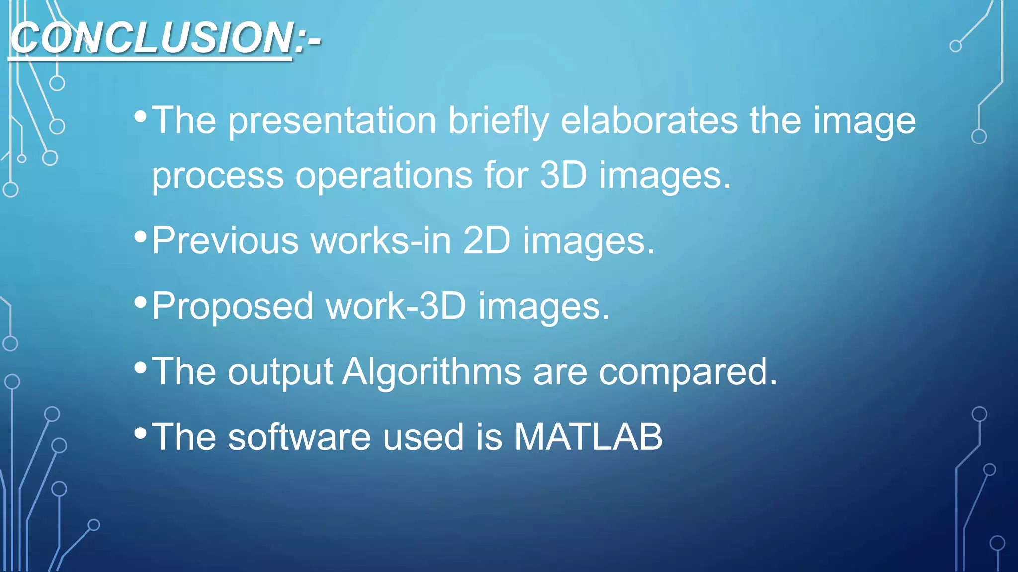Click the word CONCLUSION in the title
[x=152, y=38]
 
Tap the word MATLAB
[x=588, y=437]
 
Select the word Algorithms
[x=431, y=371]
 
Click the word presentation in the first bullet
[x=332, y=121]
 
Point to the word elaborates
[x=649, y=121]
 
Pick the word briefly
[x=499, y=121]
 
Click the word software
[x=299, y=437]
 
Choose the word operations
[x=384, y=175]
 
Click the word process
[x=217, y=175]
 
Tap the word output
[x=280, y=371]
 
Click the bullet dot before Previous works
[x=141, y=236]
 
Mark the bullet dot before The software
[x=141, y=433]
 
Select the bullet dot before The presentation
[x=141, y=117]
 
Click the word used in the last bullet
[x=423, y=437]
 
